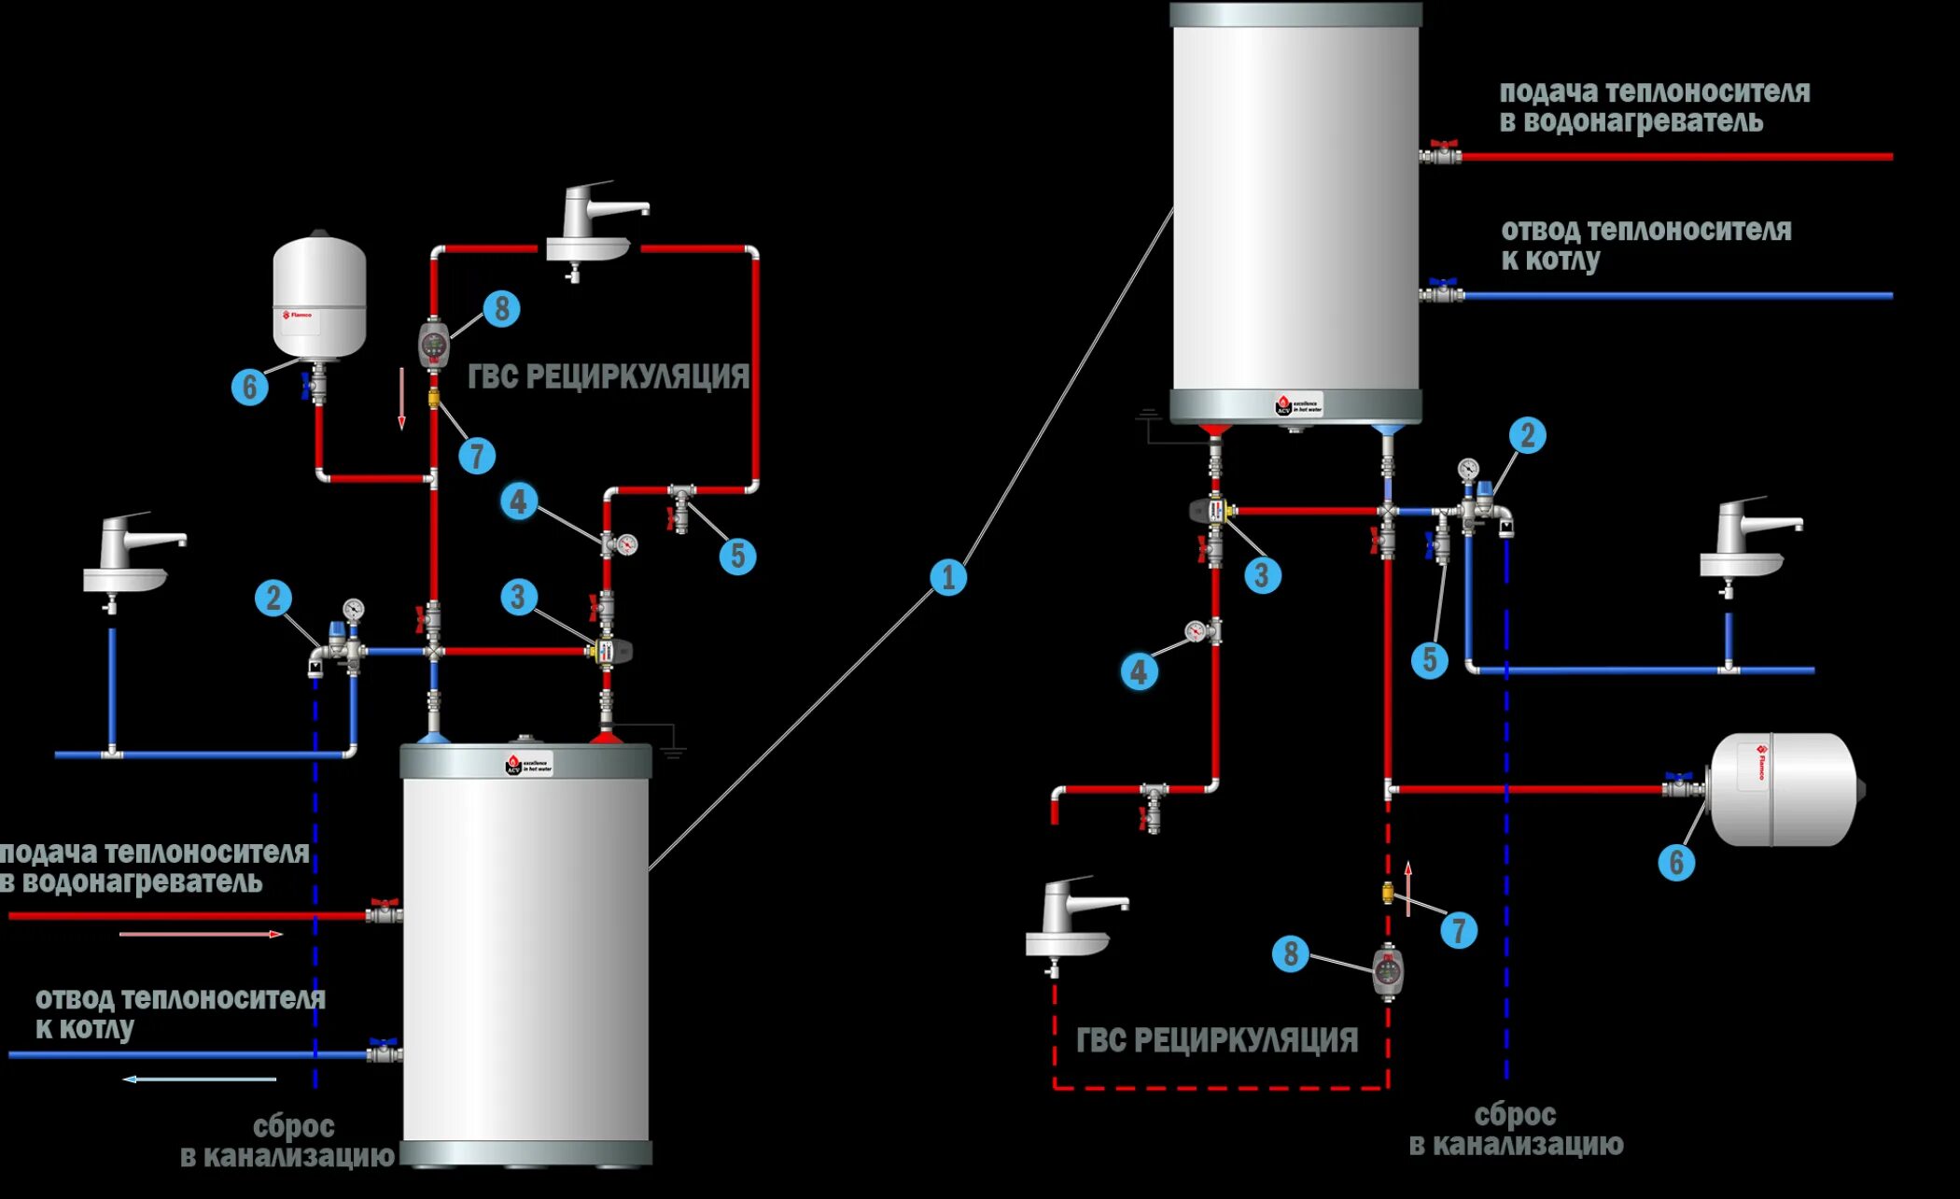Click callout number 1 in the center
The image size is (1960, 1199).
click(948, 577)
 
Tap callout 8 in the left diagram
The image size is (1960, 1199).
click(501, 308)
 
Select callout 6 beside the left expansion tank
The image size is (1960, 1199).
click(249, 386)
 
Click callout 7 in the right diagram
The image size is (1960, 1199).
click(1459, 930)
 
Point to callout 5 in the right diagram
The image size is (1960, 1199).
click(1429, 660)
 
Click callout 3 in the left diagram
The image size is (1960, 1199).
click(519, 597)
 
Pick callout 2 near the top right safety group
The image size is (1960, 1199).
click(1527, 435)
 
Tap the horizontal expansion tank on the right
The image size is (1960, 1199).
click(1783, 789)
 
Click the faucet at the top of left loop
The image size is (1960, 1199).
click(593, 229)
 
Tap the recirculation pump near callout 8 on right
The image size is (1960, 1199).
click(1388, 971)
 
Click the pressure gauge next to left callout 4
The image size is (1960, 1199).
click(626, 543)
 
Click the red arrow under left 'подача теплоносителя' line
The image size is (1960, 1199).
click(201, 934)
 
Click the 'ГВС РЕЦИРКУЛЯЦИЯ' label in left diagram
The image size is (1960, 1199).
click(608, 376)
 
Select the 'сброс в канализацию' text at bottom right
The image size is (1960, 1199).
click(1516, 1130)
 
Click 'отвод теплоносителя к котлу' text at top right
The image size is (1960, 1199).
click(1645, 245)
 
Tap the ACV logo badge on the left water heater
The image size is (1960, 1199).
click(529, 765)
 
